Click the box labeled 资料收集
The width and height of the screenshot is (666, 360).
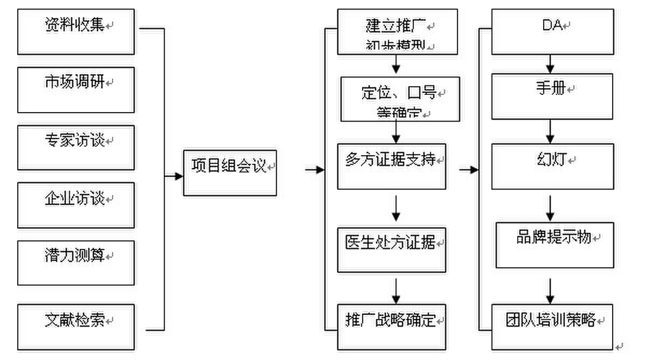pos(75,32)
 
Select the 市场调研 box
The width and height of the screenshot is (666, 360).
pos(75,89)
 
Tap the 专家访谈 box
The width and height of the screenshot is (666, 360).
pos(75,147)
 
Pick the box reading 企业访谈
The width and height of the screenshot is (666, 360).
pos(75,205)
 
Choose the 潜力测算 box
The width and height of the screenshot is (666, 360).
pos(75,262)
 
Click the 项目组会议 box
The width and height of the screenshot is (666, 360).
pos(230,173)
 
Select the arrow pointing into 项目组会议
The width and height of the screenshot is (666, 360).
pos(174,176)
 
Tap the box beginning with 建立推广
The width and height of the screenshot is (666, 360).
pos(397,32)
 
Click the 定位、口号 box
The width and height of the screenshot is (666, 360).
pos(400,99)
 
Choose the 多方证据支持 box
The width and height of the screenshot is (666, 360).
pos(392,166)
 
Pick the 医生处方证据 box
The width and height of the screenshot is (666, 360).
pos(392,250)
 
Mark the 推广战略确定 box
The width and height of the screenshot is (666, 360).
pos(392,327)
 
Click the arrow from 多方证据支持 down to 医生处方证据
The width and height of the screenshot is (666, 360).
pos(396,209)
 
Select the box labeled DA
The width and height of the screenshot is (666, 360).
pos(552,32)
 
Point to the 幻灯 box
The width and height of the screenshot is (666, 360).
pos(552,166)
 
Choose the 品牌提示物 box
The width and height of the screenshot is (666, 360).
pos(554,245)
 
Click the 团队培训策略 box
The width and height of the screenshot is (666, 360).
pos(552,327)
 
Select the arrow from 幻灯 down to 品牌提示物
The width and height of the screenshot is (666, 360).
pos(550,206)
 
